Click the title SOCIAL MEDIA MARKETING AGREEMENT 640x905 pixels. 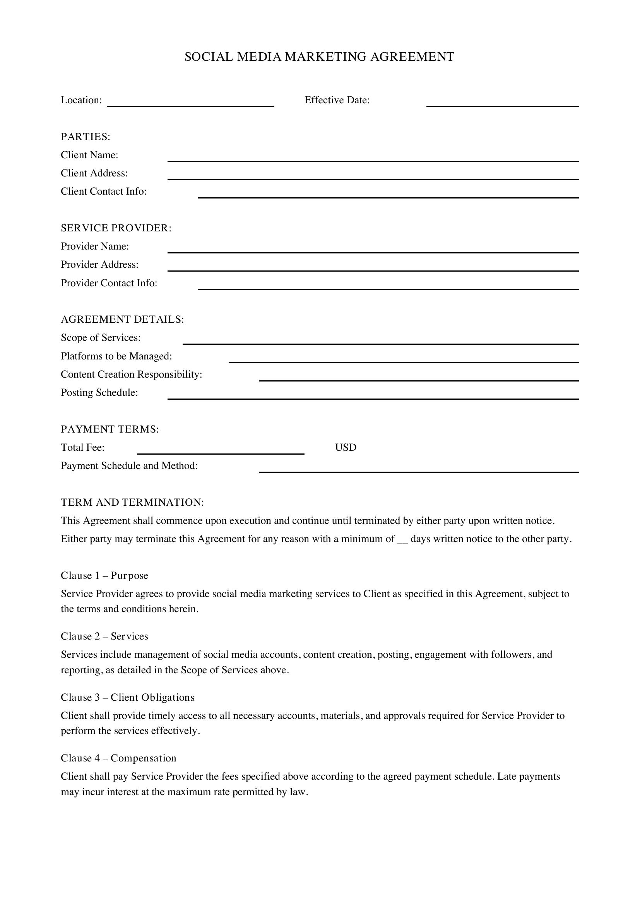click(x=319, y=57)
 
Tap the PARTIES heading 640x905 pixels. click(x=86, y=137)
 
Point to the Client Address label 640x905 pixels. click(x=94, y=173)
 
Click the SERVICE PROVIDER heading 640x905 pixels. click(x=116, y=228)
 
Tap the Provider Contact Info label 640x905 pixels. click(x=109, y=283)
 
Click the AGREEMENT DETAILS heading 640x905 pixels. click(x=122, y=319)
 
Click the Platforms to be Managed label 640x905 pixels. click(x=116, y=356)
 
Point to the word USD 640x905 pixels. click(x=346, y=448)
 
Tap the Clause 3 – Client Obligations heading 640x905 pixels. click(x=127, y=698)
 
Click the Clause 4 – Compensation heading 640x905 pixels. click(x=118, y=758)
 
